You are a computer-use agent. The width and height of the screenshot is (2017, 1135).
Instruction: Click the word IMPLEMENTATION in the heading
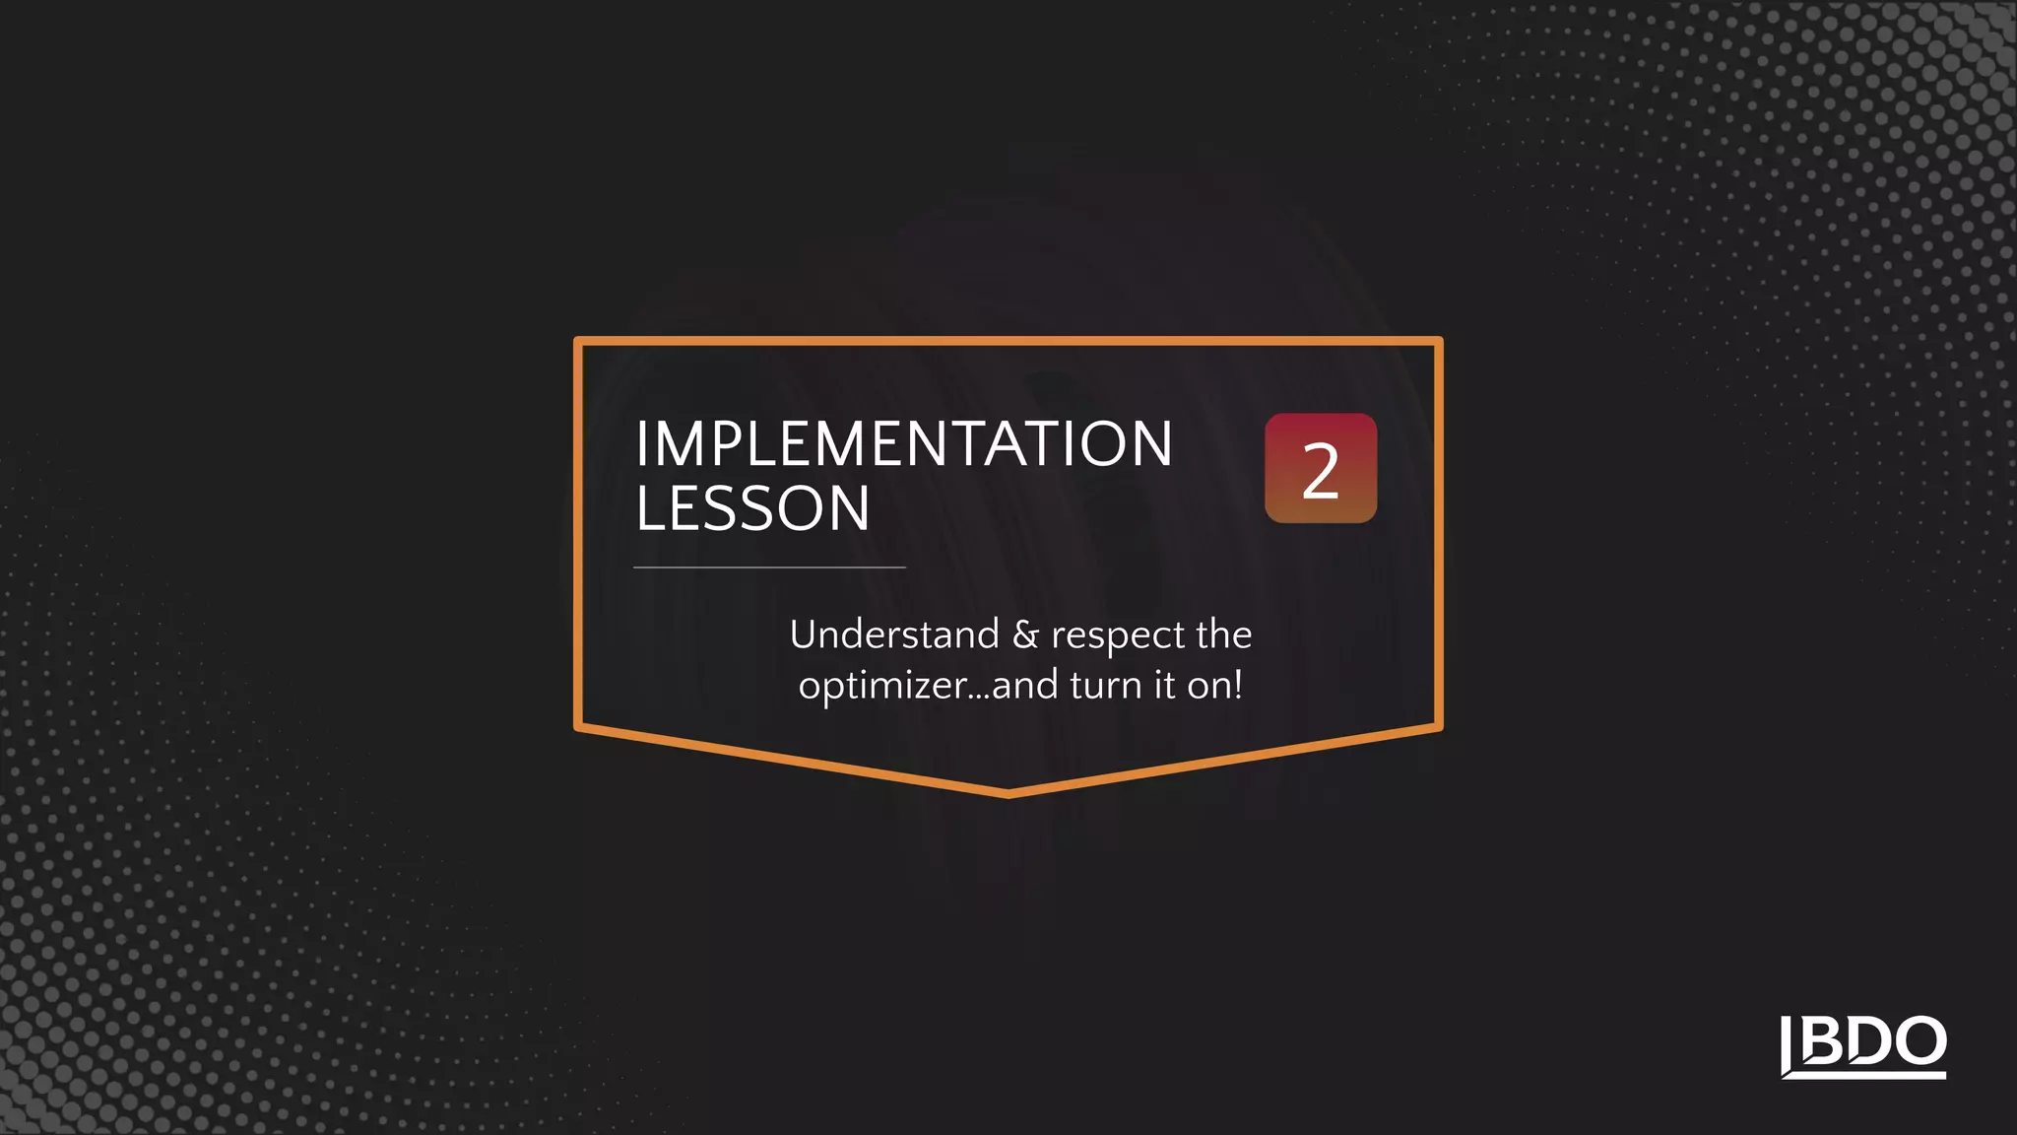(x=904, y=444)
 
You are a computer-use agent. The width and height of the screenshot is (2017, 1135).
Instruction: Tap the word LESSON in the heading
(x=753, y=509)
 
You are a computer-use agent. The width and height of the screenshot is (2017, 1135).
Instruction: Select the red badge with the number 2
(x=1321, y=468)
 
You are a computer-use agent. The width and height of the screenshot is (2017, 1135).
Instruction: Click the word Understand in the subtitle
(x=894, y=634)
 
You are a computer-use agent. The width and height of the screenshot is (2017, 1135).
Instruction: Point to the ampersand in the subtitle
(x=1025, y=635)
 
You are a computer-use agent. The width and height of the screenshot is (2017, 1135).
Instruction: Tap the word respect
(x=1118, y=637)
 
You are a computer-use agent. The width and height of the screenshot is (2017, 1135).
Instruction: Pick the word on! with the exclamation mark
(x=1214, y=686)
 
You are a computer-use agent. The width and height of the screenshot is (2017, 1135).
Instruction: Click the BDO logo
(x=1863, y=1045)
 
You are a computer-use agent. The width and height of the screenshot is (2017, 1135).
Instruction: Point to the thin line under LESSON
(x=769, y=567)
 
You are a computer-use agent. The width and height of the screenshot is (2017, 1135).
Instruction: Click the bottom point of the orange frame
(x=1008, y=792)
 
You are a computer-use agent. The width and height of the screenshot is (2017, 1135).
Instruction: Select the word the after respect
(x=1223, y=634)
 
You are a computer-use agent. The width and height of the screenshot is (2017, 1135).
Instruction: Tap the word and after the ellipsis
(x=1025, y=686)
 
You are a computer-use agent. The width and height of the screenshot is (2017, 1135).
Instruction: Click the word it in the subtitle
(x=1165, y=686)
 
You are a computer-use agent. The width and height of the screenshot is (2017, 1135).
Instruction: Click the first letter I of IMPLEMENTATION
(x=641, y=444)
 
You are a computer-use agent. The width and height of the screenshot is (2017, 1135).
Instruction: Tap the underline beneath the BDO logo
(x=1863, y=1074)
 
